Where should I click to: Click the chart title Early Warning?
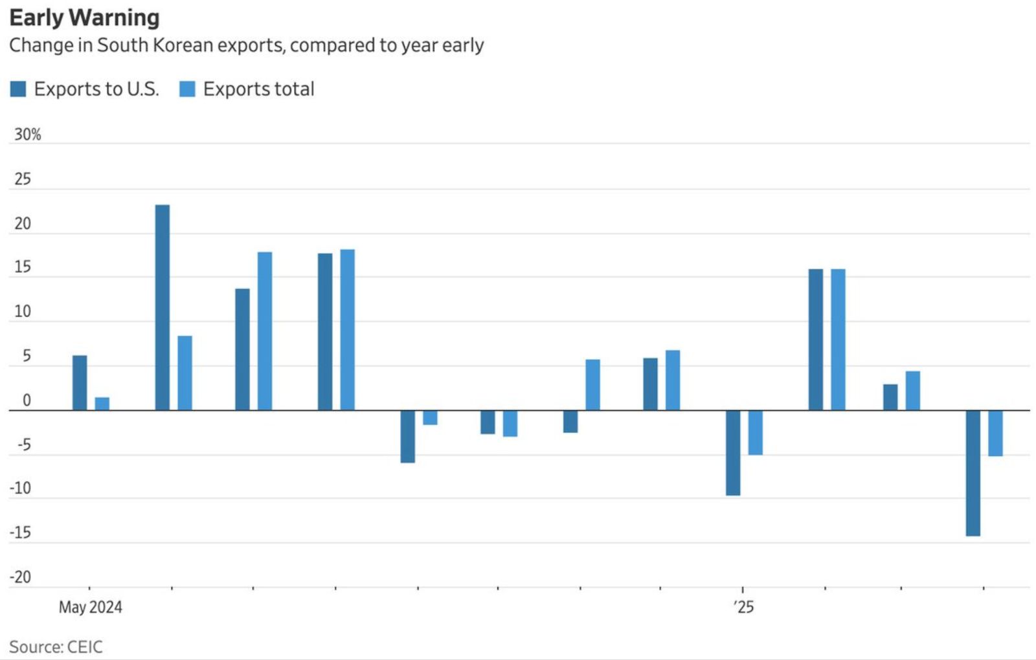[84, 18]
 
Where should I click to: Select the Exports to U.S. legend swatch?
[18, 89]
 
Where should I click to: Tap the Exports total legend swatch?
[187, 89]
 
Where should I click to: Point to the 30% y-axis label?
[28, 135]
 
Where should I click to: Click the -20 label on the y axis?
[21, 577]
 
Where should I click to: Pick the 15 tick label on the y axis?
[23, 267]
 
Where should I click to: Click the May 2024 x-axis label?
[90, 607]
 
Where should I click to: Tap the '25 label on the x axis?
[744, 607]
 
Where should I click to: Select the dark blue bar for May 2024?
[80, 383]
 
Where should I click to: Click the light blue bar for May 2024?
[102, 404]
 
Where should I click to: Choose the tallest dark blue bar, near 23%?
[163, 307]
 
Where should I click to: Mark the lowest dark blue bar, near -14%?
[973, 473]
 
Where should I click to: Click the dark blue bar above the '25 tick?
[733, 453]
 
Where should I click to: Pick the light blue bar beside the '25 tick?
[756, 432]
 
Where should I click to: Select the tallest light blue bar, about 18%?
[348, 330]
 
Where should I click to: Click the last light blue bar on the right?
[995, 433]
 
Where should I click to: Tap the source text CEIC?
[84, 647]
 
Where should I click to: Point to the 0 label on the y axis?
[27, 401]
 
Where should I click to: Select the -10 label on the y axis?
[21, 489]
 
